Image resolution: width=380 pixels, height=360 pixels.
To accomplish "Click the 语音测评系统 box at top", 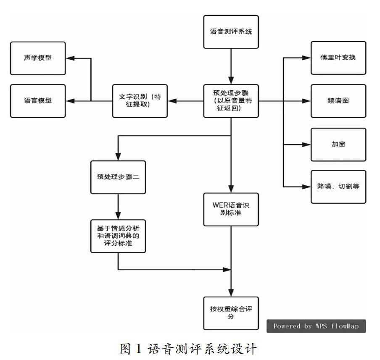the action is click(x=231, y=32).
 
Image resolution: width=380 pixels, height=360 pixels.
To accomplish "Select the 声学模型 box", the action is click(x=38, y=58).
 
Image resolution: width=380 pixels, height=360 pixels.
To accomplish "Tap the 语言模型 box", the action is click(x=38, y=101).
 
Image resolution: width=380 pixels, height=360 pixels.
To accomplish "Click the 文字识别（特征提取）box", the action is click(x=140, y=101).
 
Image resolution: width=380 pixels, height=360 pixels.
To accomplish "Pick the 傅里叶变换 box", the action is click(x=338, y=58).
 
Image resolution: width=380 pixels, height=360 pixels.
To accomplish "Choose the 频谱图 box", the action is click(x=338, y=101).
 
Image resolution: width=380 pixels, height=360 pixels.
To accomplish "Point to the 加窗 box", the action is click(x=338, y=145).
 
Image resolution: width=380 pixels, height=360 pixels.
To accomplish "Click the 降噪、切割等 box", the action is click(x=338, y=187).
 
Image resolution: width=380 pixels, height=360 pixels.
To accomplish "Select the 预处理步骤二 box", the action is click(x=118, y=177).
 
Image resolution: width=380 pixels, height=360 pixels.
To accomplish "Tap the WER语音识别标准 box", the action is click(x=231, y=210).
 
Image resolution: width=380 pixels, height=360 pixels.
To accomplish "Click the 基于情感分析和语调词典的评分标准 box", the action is click(x=118, y=236).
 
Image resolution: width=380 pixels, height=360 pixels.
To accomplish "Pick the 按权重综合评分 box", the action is click(x=231, y=313).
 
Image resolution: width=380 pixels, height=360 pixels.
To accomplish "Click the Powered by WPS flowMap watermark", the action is click(x=316, y=326).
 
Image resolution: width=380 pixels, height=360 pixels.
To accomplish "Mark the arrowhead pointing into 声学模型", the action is click(x=70, y=58).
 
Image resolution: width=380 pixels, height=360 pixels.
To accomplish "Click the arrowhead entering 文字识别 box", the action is click(x=172, y=101).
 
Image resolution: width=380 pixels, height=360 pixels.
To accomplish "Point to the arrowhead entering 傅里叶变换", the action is click(x=306, y=58).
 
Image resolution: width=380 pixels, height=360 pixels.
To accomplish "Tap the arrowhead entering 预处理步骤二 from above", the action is click(x=118, y=157).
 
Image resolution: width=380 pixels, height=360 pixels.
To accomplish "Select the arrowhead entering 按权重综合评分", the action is click(x=231, y=292).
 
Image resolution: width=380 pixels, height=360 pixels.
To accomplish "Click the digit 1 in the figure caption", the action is click(x=138, y=349).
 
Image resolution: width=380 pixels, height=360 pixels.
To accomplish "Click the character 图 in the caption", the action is click(x=125, y=349).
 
